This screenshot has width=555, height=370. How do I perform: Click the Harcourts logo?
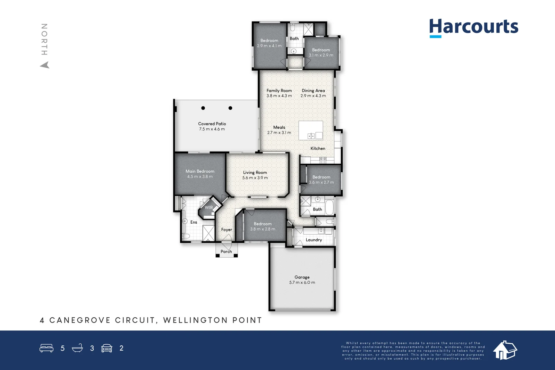[x=473, y=27]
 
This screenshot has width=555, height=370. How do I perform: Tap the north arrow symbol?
[x=45, y=65]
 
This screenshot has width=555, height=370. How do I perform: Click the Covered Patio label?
[x=212, y=124]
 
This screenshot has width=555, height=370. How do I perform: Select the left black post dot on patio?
[x=203, y=108]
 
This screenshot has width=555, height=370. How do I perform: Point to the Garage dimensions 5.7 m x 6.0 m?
[x=302, y=283]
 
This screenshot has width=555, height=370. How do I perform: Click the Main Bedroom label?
[x=200, y=171]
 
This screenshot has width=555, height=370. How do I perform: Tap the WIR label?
[x=208, y=207]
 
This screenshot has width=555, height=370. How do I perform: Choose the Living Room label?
[x=255, y=173]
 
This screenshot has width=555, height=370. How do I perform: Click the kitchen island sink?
[x=311, y=136]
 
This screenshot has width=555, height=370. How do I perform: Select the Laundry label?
[x=314, y=240]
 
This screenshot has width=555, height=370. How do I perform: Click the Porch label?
[x=226, y=252]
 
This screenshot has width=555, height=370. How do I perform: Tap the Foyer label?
[x=227, y=230]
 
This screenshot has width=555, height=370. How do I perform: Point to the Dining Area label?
[x=313, y=91]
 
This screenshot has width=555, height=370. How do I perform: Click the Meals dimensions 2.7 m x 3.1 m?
[x=279, y=133]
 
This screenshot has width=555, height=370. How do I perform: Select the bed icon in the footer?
[x=46, y=348]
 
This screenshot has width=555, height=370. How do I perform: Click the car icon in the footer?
[x=106, y=348]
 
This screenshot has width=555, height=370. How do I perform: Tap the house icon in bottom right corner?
[x=505, y=350]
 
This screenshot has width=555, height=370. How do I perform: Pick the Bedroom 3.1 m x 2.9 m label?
[x=321, y=50]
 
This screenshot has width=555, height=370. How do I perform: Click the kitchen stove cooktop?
[x=323, y=160]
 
